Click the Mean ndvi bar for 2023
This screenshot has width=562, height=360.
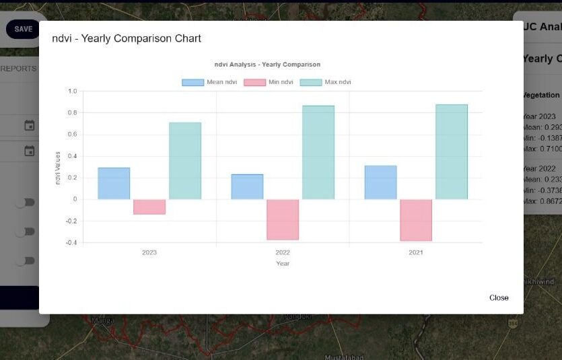pyautogui.click(x=114, y=183)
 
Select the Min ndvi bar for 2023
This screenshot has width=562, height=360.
pyautogui.click(x=149, y=207)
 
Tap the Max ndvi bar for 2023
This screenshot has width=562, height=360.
pyautogui.click(x=185, y=161)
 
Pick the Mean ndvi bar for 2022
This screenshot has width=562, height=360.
pyautogui.click(x=247, y=186)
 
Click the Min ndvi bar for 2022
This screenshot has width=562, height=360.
pyautogui.click(x=283, y=219)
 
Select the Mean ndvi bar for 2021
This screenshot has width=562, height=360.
pyautogui.click(x=380, y=182)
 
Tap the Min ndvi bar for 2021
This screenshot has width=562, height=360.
pyautogui.click(x=416, y=220)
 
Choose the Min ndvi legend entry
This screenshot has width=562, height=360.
pyautogui.click(x=269, y=82)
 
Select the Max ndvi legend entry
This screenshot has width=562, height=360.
pyautogui.click(x=325, y=82)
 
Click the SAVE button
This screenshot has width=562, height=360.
pyautogui.click(x=23, y=29)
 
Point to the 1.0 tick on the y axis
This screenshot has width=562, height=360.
pyautogui.click(x=73, y=91)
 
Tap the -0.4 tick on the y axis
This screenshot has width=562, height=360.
pyautogui.click(x=71, y=243)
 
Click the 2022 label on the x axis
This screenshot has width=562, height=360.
pyautogui.click(x=283, y=252)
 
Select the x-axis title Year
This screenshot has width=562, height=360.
pyautogui.click(x=283, y=263)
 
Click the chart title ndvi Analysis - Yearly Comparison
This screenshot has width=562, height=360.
pyautogui.click(x=267, y=65)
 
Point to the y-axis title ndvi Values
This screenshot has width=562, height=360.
pyautogui.click(x=58, y=167)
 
